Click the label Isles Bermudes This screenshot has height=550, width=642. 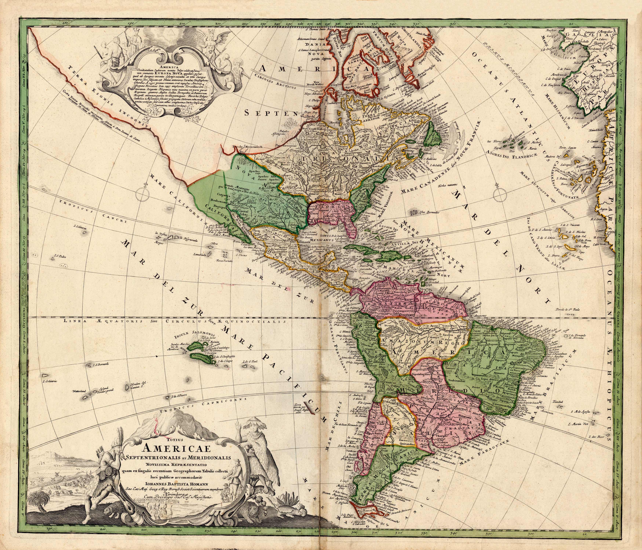(429, 213)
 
